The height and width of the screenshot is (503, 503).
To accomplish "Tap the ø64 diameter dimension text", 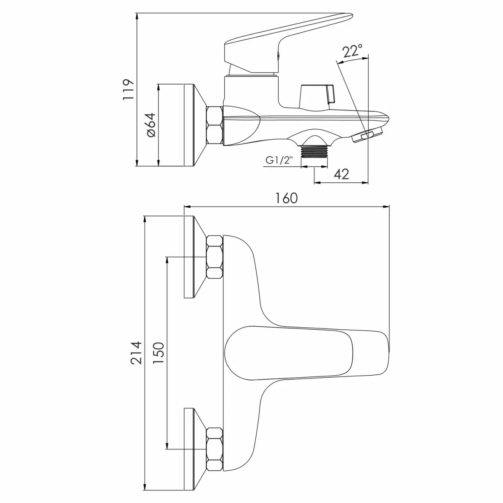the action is click(151, 125).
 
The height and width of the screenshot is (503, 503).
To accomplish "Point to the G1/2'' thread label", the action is click(278, 160).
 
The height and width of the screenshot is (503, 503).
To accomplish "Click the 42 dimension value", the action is click(341, 174).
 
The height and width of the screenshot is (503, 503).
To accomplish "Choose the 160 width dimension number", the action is click(286, 198).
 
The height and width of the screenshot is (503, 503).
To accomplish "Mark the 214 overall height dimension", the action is click(137, 353).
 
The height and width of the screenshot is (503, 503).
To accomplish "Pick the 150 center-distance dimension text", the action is click(158, 353).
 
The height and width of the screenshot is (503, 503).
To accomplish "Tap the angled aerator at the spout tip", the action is click(367, 134).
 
